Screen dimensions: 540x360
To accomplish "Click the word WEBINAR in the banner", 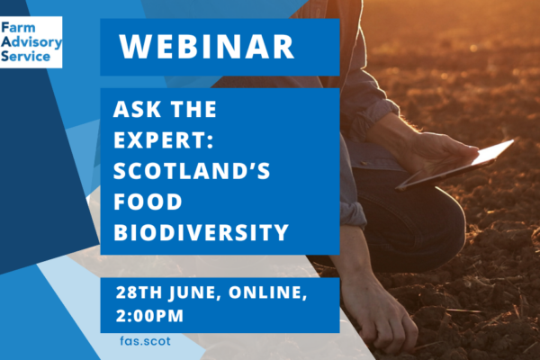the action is pyautogui.click(x=207, y=47).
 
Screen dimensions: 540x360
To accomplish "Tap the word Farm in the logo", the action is pyautogui.click(x=18, y=28).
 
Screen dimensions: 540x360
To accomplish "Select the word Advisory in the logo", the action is pyautogui.click(x=31, y=42).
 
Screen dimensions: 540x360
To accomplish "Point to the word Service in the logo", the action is pyautogui.click(x=25, y=56).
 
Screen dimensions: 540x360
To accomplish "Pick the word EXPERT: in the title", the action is pyautogui.click(x=164, y=139).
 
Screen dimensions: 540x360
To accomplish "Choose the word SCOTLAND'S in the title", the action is pyautogui.click(x=192, y=170).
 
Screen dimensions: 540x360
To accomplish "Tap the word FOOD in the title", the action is pyautogui.click(x=148, y=202).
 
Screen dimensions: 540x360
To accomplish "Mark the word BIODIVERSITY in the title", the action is pyautogui.click(x=201, y=232).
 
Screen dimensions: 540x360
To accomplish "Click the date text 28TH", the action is pyautogui.click(x=139, y=292).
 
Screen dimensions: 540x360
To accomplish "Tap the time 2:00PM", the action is pyautogui.click(x=149, y=316).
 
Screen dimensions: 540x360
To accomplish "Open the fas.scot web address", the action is pyautogui.click(x=145, y=341).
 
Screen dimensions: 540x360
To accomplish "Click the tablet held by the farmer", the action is pyautogui.click(x=454, y=165).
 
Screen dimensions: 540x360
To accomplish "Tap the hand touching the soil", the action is pyautogui.click(x=382, y=316).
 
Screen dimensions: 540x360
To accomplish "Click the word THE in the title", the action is pyautogui.click(x=193, y=109).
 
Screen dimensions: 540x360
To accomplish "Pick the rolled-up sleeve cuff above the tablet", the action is pyautogui.click(x=375, y=117).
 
